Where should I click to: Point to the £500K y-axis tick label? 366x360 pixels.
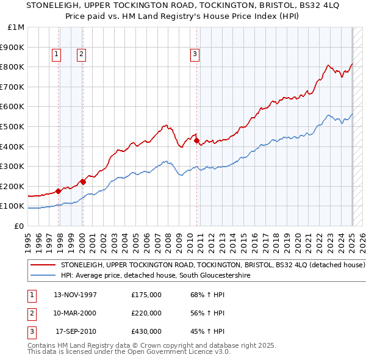[13, 126]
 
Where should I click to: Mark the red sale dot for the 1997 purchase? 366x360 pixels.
[59, 191]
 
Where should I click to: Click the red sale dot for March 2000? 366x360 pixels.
[83, 182]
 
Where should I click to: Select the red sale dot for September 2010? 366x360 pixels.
[197, 140]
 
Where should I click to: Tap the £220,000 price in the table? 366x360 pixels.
[146, 313]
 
